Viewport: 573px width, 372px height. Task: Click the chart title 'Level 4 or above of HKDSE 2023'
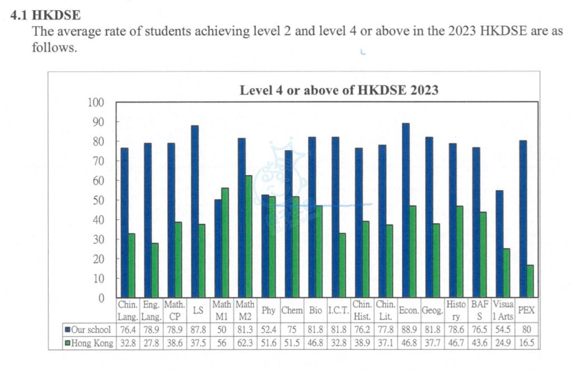click(x=339, y=90)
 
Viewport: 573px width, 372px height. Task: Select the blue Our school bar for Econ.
click(x=406, y=210)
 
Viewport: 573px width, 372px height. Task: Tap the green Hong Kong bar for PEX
click(x=530, y=281)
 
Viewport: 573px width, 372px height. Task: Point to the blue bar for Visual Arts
click(x=499, y=244)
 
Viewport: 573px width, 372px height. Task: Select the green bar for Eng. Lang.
click(x=155, y=270)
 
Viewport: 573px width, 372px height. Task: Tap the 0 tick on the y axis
click(x=101, y=298)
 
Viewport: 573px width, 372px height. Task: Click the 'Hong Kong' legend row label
click(x=91, y=343)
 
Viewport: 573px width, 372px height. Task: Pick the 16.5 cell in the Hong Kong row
click(x=526, y=343)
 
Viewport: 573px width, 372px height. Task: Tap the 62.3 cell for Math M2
click(x=245, y=343)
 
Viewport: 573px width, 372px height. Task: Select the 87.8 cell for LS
click(x=198, y=329)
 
